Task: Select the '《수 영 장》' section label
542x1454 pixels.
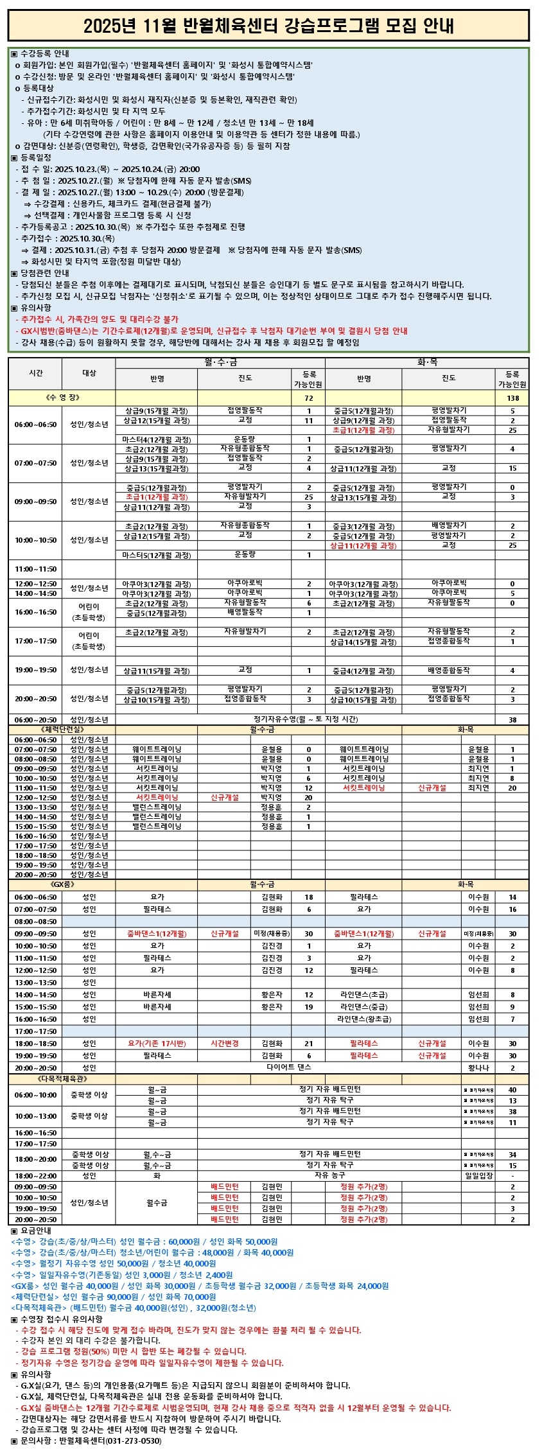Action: (x=62, y=398)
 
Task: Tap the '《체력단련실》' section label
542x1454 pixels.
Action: (x=62, y=730)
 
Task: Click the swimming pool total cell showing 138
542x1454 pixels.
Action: (x=512, y=398)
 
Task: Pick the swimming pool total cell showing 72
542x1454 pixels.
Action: (x=308, y=398)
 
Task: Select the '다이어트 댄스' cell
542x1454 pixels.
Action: (x=288, y=1067)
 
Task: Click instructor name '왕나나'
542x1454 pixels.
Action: (x=478, y=1067)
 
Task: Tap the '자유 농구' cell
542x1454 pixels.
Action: (x=329, y=1175)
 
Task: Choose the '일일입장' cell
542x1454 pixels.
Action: (x=478, y=1176)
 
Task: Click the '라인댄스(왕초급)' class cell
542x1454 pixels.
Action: (x=363, y=1019)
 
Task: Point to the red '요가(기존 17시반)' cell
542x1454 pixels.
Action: (x=157, y=1043)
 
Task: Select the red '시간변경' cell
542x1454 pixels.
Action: (x=224, y=1043)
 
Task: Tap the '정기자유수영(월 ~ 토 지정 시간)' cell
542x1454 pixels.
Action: (x=305, y=719)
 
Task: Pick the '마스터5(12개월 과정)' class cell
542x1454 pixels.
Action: (x=157, y=555)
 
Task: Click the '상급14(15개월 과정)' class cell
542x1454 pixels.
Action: (x=363, y=642)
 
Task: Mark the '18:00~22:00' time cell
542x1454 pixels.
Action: (x=35, y=1175)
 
